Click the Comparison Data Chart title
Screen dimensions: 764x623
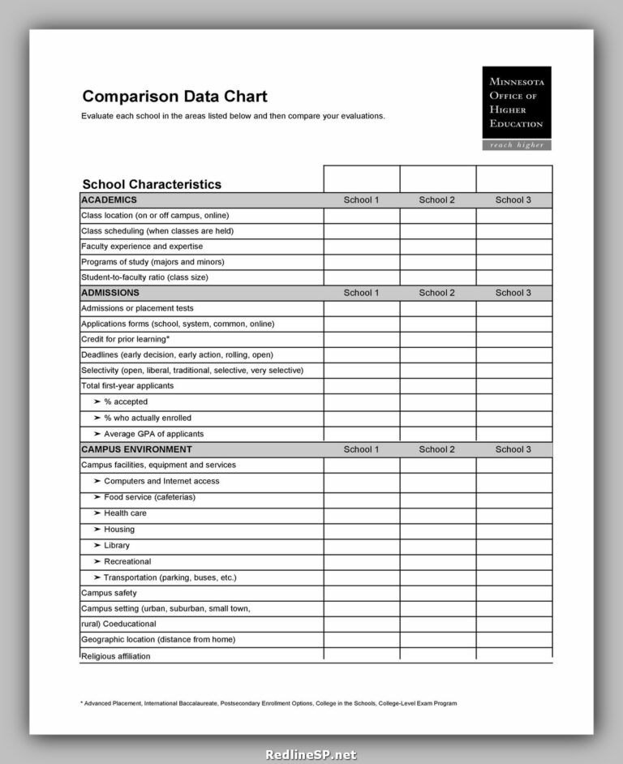174,97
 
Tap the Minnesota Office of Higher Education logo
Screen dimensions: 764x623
516,102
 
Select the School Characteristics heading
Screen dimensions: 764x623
152,184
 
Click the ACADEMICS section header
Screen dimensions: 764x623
109,200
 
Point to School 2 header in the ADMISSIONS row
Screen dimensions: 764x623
437,293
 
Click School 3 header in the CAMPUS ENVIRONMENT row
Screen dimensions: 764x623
513,449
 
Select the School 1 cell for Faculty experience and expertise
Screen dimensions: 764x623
361,247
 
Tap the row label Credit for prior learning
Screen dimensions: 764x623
125,339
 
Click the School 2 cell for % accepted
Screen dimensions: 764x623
437,402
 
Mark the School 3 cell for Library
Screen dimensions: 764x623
513,546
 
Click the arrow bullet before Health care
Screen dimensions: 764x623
97,513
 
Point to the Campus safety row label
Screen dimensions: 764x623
110,593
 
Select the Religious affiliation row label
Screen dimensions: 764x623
115,656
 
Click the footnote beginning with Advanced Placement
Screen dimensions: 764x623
269,703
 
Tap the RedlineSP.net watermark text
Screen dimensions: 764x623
311,754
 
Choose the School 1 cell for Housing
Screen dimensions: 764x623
361,530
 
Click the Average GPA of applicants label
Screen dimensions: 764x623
153,434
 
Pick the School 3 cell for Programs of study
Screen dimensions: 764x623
513,262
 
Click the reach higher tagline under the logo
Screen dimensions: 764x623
516,145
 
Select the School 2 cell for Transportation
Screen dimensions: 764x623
437,577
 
